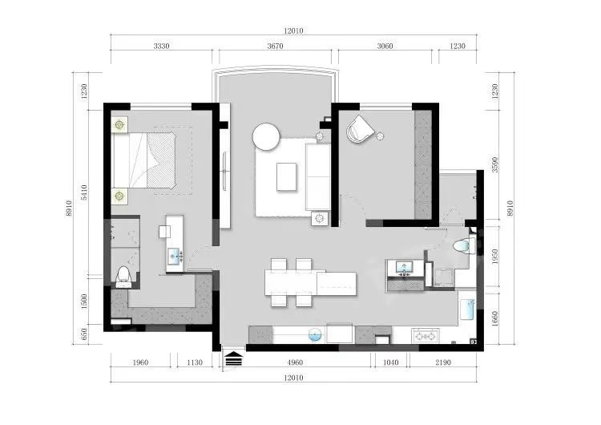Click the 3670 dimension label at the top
(275, 46)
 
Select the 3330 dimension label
(161, 46)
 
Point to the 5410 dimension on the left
(84, 192)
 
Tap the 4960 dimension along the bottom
(295, 362)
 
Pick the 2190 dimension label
(443, 362)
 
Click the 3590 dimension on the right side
(495, 164)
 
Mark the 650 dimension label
(84, 334)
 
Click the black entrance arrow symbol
(234, 360)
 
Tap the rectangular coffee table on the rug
(287, 176)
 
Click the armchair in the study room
(360, 129)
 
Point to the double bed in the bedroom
(144, 160)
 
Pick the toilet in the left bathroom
(123, 277)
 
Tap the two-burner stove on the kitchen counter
(426, 336)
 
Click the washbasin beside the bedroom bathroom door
(175, 257)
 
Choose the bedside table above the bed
(120, 124)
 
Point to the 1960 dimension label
(140, 362)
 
